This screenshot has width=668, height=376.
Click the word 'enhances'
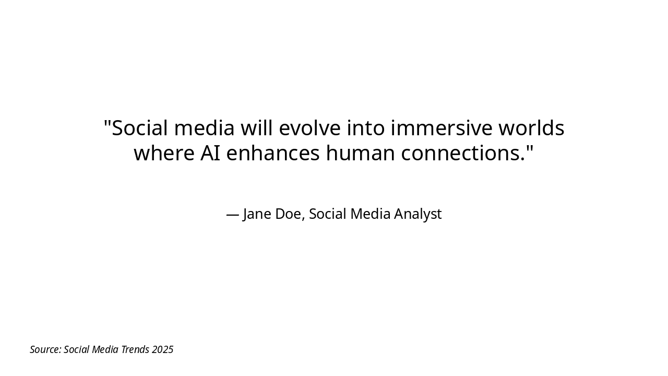click(272, 153)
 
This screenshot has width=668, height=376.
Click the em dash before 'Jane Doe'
click(233, 214)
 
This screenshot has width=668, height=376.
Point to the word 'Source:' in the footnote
click(45, 349)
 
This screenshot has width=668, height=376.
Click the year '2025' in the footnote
click(162, 349)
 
